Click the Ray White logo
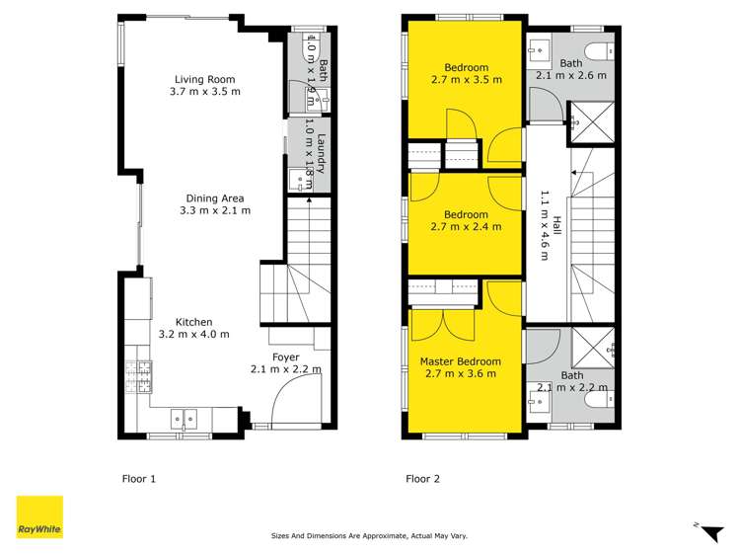tap(39, 516)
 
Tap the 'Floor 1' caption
tap(138, 479)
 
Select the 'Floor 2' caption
tap(423, 479)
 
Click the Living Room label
tap(207, 85)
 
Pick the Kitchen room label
tap(193, 328)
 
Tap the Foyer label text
tap(285, 363)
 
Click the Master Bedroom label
tap(461, 367)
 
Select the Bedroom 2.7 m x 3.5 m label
tap(466, 74)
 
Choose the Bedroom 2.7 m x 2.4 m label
tap(466, 220)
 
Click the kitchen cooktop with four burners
tap(137, 375)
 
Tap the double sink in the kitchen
tap(184, 417)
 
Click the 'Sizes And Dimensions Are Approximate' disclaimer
tap(369, 536)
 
